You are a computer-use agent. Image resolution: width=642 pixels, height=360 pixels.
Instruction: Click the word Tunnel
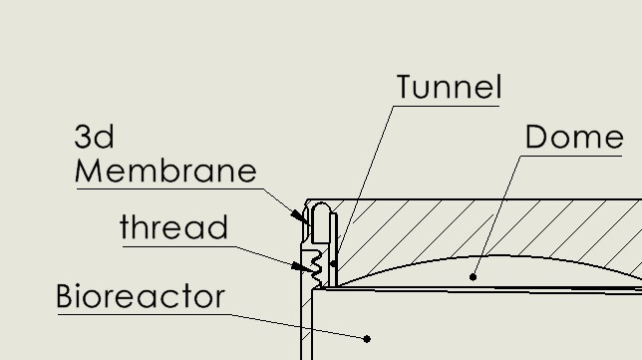click(449, 87)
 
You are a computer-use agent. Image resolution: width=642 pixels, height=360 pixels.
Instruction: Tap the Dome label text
click(573, 137)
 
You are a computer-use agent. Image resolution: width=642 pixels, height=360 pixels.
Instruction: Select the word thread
click(173, 227)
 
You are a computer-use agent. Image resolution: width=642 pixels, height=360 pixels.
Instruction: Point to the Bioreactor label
click(141, 297)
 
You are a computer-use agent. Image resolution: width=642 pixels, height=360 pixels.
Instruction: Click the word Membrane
click(165, 171)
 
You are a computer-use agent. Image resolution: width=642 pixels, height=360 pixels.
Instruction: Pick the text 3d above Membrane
click(95, 137)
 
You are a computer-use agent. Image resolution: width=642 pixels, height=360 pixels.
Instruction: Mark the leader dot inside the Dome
click(473, 276)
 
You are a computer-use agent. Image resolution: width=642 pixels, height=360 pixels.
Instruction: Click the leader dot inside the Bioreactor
click(368, 339)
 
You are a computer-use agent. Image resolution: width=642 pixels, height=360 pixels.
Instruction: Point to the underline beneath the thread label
click(174, 244)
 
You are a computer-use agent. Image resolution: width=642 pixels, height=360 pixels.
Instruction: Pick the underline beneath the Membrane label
click(165, 187)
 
